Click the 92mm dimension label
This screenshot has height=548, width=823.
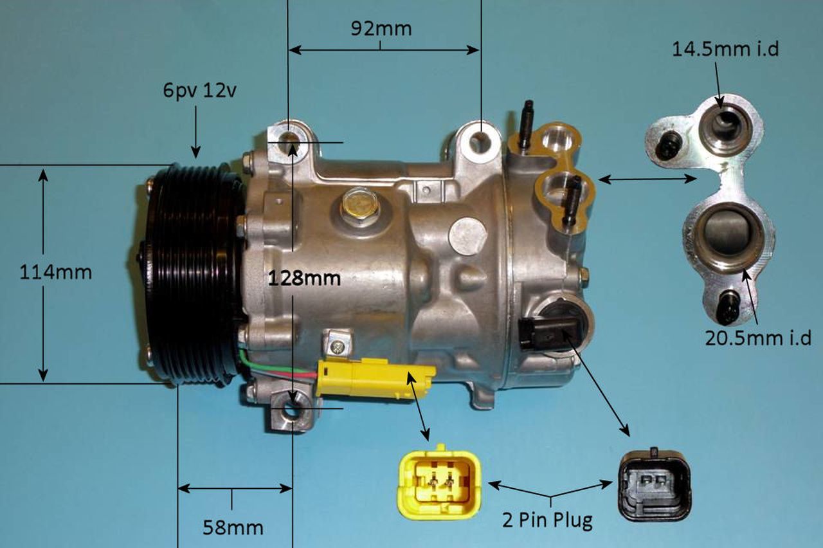[x=381, y=29]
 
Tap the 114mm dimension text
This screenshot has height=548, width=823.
[x=55, y=272]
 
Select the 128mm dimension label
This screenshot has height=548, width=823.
[x=304, y=279]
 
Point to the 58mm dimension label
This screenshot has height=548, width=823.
[x=233, y=528]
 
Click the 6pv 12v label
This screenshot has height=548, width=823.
[x=199, y=91]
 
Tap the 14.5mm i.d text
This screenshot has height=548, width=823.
[x=725, y=49]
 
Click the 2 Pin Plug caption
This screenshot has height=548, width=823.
[x=547, y=520]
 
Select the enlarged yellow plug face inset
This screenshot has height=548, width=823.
[x=439, y=482]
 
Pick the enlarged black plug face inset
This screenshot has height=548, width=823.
[x=654, y=484]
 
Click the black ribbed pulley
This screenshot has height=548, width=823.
[x=193, y=274]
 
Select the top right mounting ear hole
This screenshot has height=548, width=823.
[x=480, y=141]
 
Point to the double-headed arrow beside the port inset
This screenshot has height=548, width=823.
[x=647, y=179]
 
